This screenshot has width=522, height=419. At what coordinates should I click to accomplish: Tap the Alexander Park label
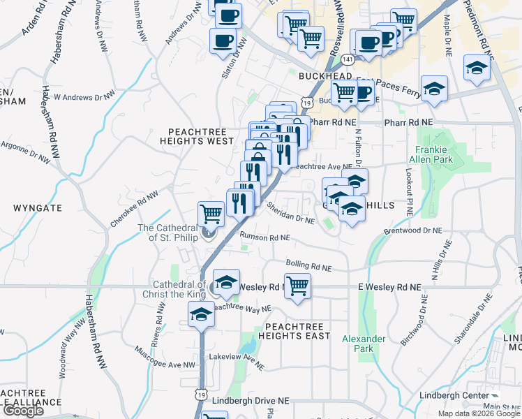tap(364, 344)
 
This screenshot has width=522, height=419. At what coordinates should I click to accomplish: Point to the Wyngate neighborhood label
tap(38, 208)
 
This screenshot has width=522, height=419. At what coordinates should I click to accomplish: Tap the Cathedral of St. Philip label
tap(170, 233)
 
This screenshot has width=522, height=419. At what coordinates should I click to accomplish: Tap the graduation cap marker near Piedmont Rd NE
tap(477, 68)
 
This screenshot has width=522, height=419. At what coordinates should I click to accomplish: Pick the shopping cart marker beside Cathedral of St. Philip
tap(211, 213)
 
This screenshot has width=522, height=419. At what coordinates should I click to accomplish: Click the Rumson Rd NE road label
tap(264, 237)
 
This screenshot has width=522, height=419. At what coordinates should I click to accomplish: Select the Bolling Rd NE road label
tap(307, 266)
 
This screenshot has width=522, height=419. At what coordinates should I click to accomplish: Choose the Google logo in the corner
tap(22, 411)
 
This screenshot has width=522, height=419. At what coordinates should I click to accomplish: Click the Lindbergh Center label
tap(454, 395)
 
